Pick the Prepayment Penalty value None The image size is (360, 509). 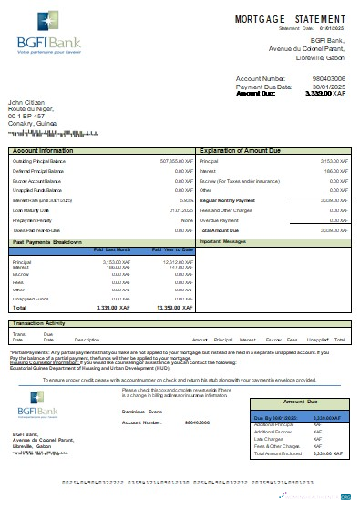click(186, 220)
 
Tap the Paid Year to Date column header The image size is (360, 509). click(170, 249)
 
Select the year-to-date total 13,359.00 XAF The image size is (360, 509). click(171, 309)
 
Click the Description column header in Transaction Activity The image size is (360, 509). click(87, 339)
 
